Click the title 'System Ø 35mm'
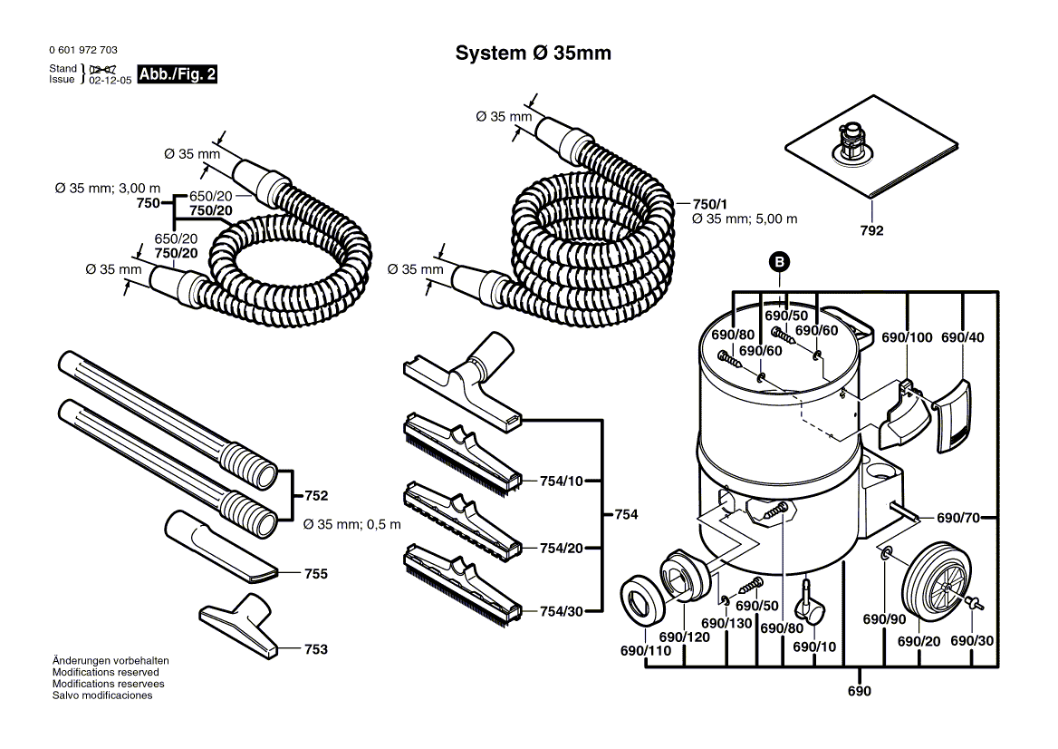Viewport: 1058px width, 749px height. (533, 53)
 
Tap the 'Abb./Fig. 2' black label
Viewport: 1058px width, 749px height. (178, 74)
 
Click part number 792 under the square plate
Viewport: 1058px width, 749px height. (871, 230)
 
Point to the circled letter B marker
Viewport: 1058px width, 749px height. (780, 262)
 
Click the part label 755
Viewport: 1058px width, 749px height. (315, 574)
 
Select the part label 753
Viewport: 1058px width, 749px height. (315, 649)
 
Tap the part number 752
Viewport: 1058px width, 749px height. (315, 496)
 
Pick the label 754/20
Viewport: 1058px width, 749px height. (561, 548)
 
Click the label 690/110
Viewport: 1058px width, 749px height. (645, 650)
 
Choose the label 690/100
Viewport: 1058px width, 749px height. (907, 337)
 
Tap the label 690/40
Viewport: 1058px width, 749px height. (962, 337)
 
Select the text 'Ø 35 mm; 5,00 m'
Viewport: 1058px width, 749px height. (744, 219)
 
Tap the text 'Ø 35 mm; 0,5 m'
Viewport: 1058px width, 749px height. (351, 524)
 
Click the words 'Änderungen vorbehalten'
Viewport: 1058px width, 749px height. (111, 661)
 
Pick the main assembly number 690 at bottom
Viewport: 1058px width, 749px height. (859, 692)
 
